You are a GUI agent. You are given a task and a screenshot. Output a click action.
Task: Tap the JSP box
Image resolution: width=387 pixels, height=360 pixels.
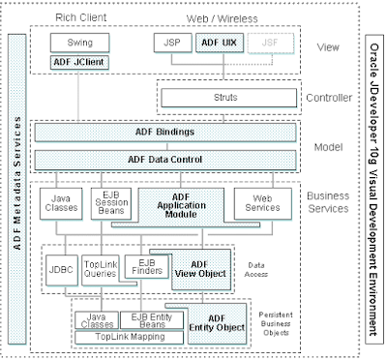170,44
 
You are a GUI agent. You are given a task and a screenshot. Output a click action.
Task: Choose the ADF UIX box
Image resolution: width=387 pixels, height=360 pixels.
216,44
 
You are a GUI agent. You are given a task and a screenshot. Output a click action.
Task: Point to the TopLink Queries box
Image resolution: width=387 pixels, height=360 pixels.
102,267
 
